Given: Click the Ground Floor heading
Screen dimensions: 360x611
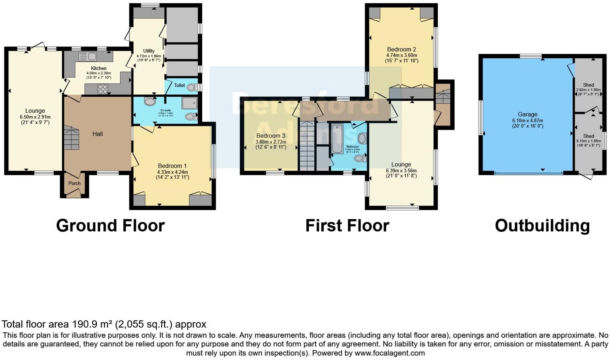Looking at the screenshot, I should pyautogui.click(x=110, y=225).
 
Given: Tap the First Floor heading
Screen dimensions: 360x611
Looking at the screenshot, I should pyautogui.click(x=347, y=225).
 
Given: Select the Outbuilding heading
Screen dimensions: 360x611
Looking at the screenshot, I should pyautogui.click(x=542, y=225).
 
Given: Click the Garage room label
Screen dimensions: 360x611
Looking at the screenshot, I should pyautogui.click(x=527, y=115).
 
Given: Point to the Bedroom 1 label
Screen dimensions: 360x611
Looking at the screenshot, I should pyautogui.click(x=172, y=166).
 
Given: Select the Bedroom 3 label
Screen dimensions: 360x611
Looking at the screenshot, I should pyautogui.click(x=271, y=136).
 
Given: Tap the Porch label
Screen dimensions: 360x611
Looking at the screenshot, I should pyautogui.click(x=74, y=183).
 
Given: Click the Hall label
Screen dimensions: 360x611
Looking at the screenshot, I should pyautogui.click(x=98, y=134).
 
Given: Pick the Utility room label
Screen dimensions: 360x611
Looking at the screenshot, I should pyautogui.click(x=149, y=51).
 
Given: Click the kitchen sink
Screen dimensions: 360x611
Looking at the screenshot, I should pyautogui.click(x=88, y=56).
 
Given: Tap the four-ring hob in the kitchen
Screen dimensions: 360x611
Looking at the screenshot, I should pyautogui.click(x=103, y=89).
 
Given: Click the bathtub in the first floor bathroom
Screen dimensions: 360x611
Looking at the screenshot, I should pyautogui.click(x=337, y=139).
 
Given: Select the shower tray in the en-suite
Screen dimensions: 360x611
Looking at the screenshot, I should pyautogui.click(x=189, y=103).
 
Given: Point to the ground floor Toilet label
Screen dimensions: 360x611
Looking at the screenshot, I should pyautogui.click(x=179, y=85).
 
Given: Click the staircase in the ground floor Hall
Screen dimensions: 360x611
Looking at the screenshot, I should pyautogui.click(x=72, y=138).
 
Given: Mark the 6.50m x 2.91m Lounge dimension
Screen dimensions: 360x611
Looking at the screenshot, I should pyautogui.click(x=35, y=117).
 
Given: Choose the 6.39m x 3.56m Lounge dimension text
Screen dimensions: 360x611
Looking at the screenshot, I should pyautogui.click(x=401, y=170).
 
